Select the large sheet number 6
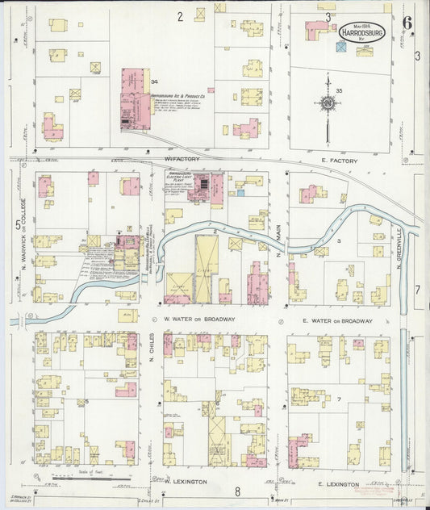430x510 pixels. (408, 23)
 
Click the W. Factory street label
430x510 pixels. (181, 159)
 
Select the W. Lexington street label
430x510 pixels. (186, 481)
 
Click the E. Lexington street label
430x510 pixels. (337, 483)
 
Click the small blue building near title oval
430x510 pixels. (341, 48)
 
